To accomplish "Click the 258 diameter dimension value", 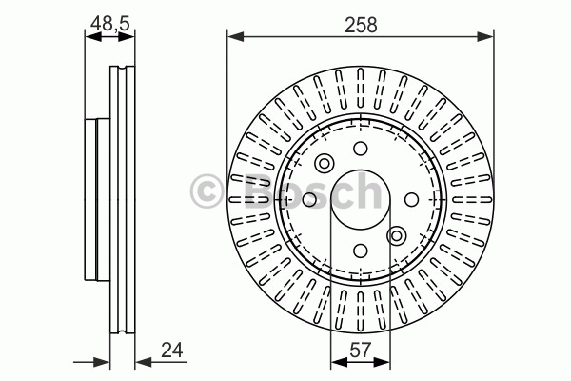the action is pos(361,25).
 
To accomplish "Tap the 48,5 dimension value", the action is pos(110,24).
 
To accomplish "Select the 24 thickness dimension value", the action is pos(172,351).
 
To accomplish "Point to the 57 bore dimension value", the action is pos(360,350).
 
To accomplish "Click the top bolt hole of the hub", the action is pos(361,149).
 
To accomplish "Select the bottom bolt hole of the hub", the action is pos(361,251).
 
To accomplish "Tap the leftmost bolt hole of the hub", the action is pos(309,199).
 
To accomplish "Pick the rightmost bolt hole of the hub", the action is pos(411,199).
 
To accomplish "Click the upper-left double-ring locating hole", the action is pos(324,163).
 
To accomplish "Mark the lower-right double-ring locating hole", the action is pos(397,235).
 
